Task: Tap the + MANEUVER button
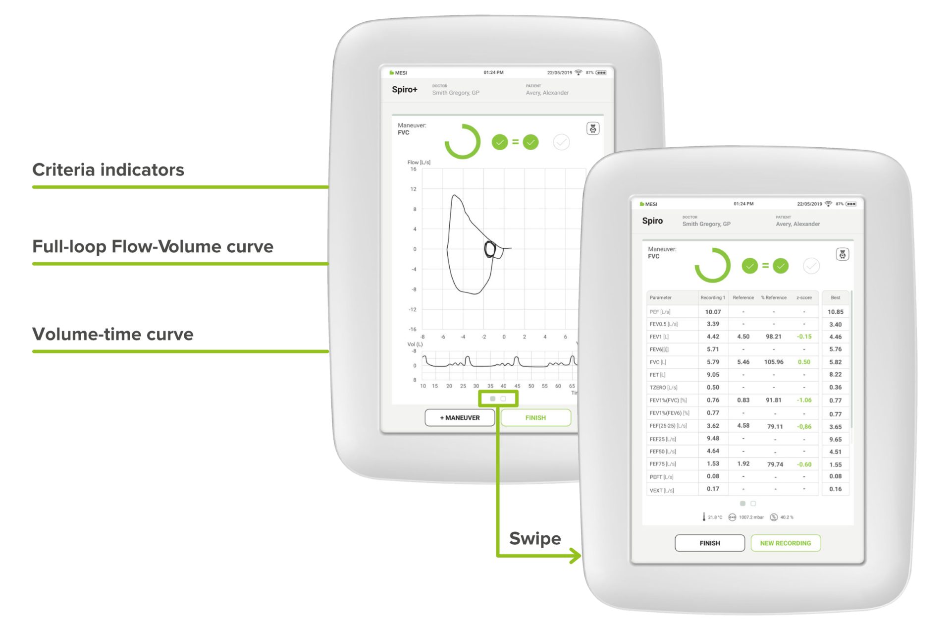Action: pyautogui.click(x=460, y=418)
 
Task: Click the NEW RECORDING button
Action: pyautogui.click(x=786, y=543)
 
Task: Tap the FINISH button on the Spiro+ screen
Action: pyautogui.click(x=535, y=418)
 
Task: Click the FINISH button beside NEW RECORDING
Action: pyautogui.click(x=710, y=543)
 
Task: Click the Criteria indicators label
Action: pyautogui.click(x=108, y=170)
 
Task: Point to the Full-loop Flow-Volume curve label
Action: pyautogui.click(x=153, y=247)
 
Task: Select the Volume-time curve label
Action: pyautogui.click(x=112, y=335)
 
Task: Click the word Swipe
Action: pyautogui.click(x=535, y=539)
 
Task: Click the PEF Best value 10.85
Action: pyautogui.click(x=835, y=312)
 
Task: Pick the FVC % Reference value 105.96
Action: pyautogui.click(x=774, y=362)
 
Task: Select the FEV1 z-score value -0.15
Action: pyautogui.click(x=804, y=337)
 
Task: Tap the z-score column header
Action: pyautogui.click(x=804, y=298)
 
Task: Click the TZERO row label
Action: pyautogui.click(x=663, y=388)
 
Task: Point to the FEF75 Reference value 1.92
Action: pyautogui.click(x=743, y=464)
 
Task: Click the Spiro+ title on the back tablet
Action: pyautogui.click(x=404, y=90)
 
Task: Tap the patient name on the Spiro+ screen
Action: pyautogui.click(x=547, y=93)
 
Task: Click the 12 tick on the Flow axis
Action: pyautogui.click(x=414, y=189)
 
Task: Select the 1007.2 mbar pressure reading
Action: pyautogui.click(x=751, y=517)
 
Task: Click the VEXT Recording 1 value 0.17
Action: pyautogui.click(x=713, y=489)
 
